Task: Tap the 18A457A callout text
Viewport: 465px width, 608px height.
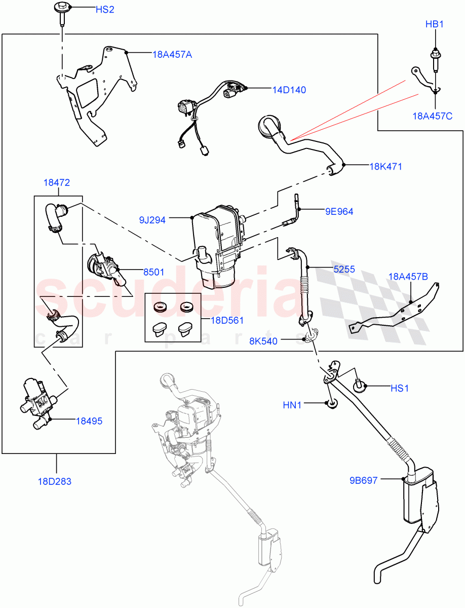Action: pyautogui.click(x=172, y=54)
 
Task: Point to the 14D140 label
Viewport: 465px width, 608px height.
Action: pyautogui.click(x=289, y=90)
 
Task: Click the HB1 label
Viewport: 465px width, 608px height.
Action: pyautogui.click(x=434, y=24)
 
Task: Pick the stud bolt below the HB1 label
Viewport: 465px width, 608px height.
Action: pyautogui.click(x=434, y=59)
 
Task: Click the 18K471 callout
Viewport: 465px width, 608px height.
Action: pyautogui.click(x=385, y=166)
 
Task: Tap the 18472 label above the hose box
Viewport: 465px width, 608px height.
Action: pyautogui.click(x=57, y=183)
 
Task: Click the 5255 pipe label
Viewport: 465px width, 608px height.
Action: pyautogui.click(x=344, y=270)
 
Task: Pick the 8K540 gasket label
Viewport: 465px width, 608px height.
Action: pyautogui.click(x=263, y=341)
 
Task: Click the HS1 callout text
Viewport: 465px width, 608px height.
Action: pyautogui.click(x=399, y=388)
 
